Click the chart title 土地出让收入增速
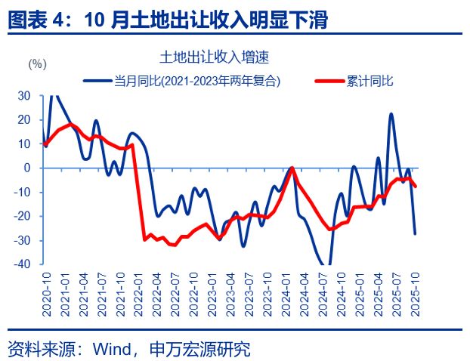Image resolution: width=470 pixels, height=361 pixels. tap(215, 57)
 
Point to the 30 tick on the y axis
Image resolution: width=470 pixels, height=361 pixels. tap(23, 95)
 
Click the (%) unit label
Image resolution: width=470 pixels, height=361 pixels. tap(38, 64)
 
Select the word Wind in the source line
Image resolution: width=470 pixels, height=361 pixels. tap(113, 350)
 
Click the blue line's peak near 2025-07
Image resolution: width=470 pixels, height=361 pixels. tap(391, 114)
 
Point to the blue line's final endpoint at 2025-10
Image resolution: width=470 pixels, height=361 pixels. tap(415, 233)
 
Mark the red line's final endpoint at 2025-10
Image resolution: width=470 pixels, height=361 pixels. tap(416, 186)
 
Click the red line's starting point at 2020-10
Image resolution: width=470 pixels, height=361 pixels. tap(45, 144)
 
